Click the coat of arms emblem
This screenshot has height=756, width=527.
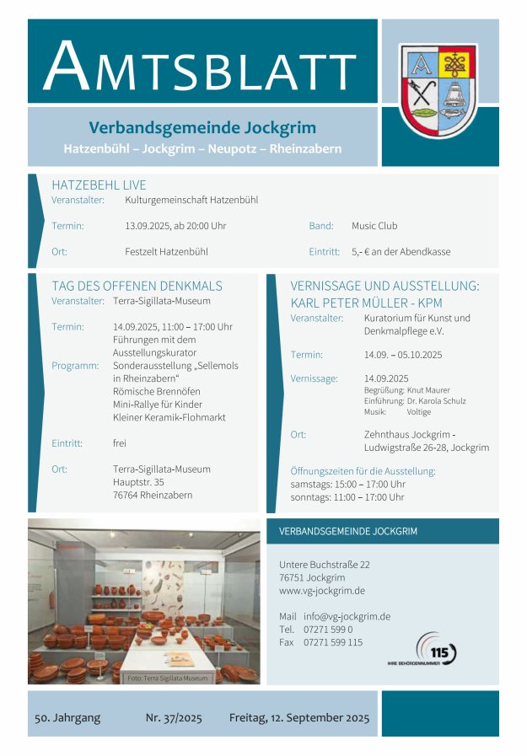(x=438, y=90)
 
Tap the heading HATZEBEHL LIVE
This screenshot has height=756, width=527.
(x=99, y=185)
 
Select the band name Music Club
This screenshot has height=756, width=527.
(x=374, y=226)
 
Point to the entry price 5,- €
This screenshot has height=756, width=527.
(x=363, y=251)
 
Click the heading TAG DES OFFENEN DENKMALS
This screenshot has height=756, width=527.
(x=137, y=286)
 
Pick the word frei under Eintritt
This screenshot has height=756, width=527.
(x=120, y=442)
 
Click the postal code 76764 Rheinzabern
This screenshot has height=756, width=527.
(x=152, y=495)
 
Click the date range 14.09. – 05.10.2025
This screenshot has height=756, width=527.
(x=403, y=355)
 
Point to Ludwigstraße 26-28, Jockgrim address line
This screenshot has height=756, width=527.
(x=426, y=448)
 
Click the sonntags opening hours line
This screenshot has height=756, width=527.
(x=347, y=497)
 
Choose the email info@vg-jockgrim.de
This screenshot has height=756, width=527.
(x=347, y=616)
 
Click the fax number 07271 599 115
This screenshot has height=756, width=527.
(x=333, y=642)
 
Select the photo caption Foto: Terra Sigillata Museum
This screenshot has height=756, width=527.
(x=166, y=678)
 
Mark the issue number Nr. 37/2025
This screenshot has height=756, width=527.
(x=175, y=718)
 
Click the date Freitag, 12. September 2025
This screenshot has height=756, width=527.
(x=299, y=718)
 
